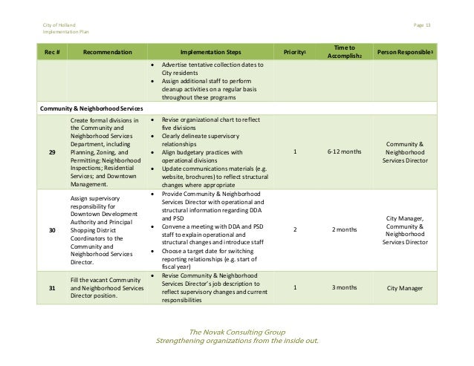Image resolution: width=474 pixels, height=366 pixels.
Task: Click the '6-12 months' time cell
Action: pos(345,152)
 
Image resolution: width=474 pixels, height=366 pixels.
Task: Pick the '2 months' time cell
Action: pos(345,231)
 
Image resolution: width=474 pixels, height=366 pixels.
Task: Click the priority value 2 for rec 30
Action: pos(295,231)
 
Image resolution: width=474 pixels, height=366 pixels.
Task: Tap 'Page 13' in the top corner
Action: pos(423,26)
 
